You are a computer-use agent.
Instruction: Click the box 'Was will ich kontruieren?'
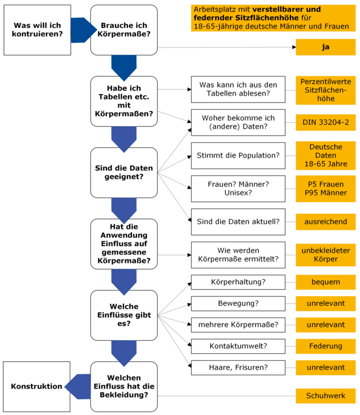pyautogui.click(x=37, y=30)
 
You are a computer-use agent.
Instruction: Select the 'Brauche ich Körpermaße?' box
pyautogui.click(x=124, y=30)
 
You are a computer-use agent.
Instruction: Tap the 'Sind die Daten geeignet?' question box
pyautogui.click(x=124, y=173)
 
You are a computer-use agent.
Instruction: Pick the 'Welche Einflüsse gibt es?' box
pyautogui.click(x=124, y=315)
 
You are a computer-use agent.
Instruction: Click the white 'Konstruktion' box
pyautogui.click(x=37, y=386)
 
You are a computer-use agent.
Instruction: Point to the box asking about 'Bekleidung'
pyautogui.click(x=124, y=386)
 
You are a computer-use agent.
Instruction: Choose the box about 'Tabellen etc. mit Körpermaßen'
pyautogui.click(x=124, y=101)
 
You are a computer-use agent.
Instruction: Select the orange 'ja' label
pyautogui.click(x=325, y=47)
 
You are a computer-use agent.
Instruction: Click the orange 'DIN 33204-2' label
pyautogui.click(x=325, y=122)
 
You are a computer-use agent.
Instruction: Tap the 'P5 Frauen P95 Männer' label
pyautogui.click(x=325, y=189)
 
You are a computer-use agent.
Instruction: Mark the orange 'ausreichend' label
pyautogui.click(x=325, y=221)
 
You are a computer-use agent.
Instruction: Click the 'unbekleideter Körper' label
pyautogui.click(x=325, y=255)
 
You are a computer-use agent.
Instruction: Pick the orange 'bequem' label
pyautogui.click(x=325, y=282)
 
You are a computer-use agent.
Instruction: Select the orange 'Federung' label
pyautogui.click(x=325, y=346)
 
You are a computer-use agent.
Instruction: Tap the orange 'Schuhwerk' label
pyautogui.click(x=325, y=396)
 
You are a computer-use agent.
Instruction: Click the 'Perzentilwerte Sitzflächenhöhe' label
pyautogui.click(x=325, y=90)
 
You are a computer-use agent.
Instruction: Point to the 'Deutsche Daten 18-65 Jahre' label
pyautogui.click(x=325, y=156)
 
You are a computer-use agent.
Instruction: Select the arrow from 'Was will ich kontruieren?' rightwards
pyautogui.click(x=81, y=30)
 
